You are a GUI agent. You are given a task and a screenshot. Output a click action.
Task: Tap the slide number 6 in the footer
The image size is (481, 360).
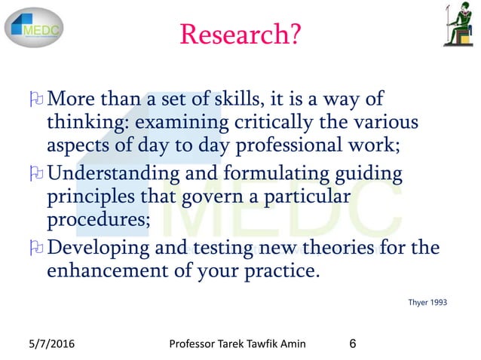click(354, 345)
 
